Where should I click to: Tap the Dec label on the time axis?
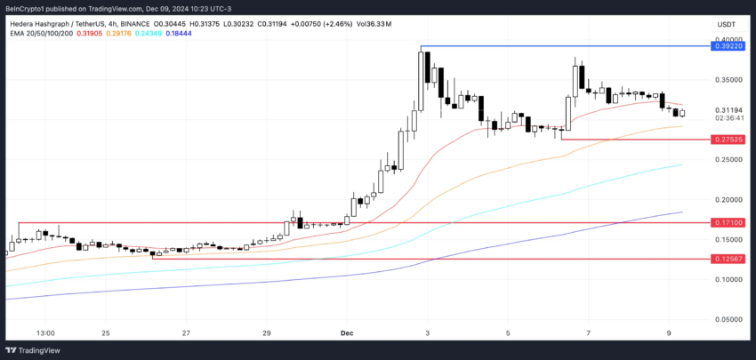(x=348, y=333)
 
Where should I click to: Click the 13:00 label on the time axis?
(x=46, y=333)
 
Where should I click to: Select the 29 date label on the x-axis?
(x=267, y=333)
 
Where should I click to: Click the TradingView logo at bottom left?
(x=36, y=348)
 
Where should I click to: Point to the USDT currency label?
(x=727, y=25)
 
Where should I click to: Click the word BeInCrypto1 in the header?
(x=28, y=8)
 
